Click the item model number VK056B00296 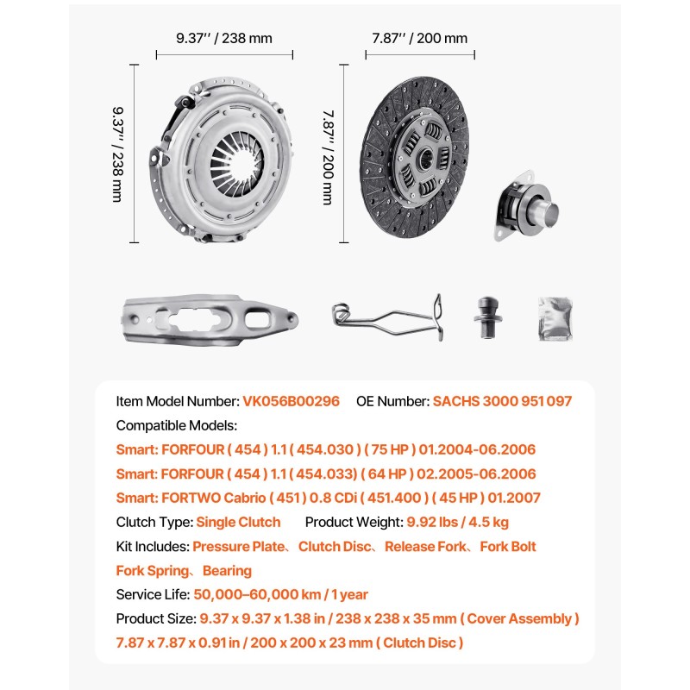[292, 401]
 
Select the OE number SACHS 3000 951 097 [502, 401]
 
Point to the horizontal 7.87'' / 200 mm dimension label [420, 37]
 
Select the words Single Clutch [238, 522]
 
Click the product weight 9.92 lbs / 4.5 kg [456, 522]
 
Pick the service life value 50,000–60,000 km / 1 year [281, 594]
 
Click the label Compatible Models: [176, 425]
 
